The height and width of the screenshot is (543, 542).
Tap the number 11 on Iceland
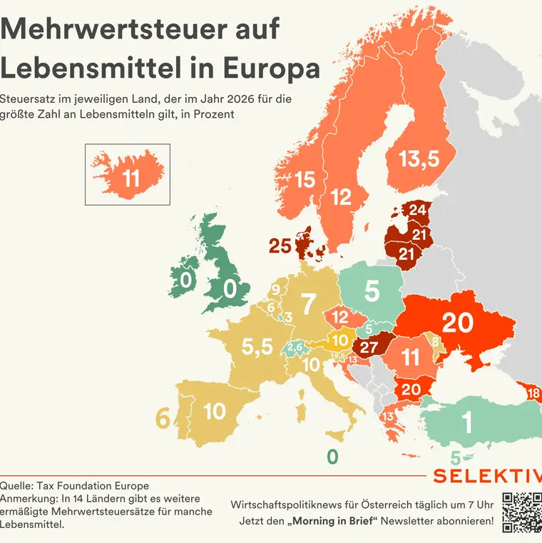point(131,178)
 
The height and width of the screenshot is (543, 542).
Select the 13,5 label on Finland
point(419,160)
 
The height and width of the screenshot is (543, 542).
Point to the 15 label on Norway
point(305,180)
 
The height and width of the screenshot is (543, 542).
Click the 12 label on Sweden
point(342,196)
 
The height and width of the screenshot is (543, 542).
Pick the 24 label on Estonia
point(417,209)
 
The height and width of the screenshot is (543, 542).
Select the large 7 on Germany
point(308,304)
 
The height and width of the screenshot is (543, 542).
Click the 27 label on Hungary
point(369,347)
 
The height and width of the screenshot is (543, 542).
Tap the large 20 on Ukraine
point(457,323)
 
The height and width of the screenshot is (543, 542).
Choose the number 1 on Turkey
point(468,424)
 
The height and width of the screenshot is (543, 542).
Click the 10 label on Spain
point(215,412)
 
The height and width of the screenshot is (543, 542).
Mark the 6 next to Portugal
point(163,420)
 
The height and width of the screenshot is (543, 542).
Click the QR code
point(521,512)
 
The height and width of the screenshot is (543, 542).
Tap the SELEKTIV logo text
point(487,477)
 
